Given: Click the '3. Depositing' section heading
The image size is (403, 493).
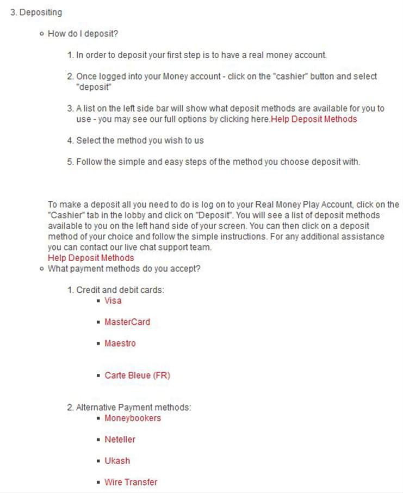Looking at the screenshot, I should point(36,12).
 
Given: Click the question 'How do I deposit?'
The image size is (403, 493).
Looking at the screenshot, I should point(83,34).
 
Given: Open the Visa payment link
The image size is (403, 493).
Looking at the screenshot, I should point(113,300).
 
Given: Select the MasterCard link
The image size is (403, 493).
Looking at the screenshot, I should point(127,322).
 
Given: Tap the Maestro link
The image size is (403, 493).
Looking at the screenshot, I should point(120,343).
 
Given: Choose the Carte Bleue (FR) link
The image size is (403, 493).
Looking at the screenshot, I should point(138,375).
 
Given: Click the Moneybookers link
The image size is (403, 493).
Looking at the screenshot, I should point(133,418).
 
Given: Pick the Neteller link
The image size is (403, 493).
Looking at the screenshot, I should point(120,439).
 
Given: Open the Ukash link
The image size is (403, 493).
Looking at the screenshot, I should point(117,460).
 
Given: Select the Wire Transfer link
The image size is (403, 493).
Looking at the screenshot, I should point(131,482).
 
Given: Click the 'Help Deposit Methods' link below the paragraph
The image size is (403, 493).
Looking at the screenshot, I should point(91,257).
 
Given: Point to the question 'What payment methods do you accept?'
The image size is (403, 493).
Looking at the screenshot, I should point(125,268).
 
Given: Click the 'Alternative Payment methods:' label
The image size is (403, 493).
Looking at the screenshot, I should point(134,407).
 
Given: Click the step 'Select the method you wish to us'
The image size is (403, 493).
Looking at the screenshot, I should point(140,140).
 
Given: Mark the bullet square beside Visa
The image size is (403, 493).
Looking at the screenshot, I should point(98,301).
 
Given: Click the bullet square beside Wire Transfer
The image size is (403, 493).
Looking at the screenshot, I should point(98,482).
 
